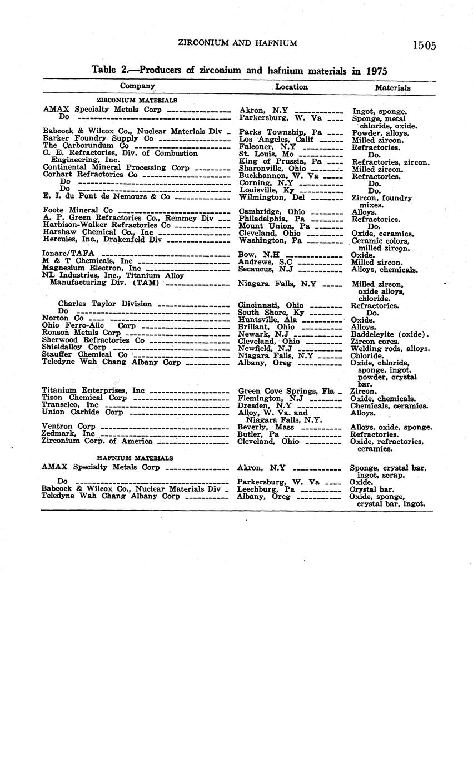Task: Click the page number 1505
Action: (424, 45)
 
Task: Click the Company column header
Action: (137, 86)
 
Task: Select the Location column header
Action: (291, 87)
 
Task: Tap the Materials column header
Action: (392, 87)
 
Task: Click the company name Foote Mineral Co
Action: (78, 210)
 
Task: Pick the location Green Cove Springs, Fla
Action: (286, 391)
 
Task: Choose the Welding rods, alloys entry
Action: (390, 348)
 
